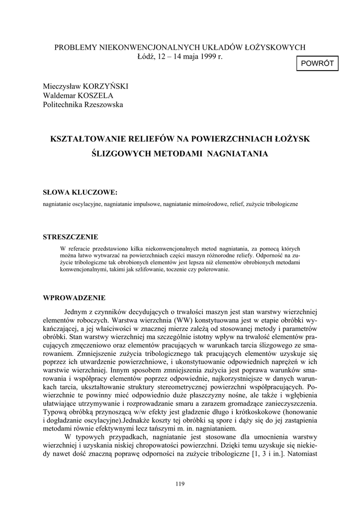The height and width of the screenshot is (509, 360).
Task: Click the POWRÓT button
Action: point(317,64)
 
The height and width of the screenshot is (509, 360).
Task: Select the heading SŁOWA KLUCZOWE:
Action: point(81,192)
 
